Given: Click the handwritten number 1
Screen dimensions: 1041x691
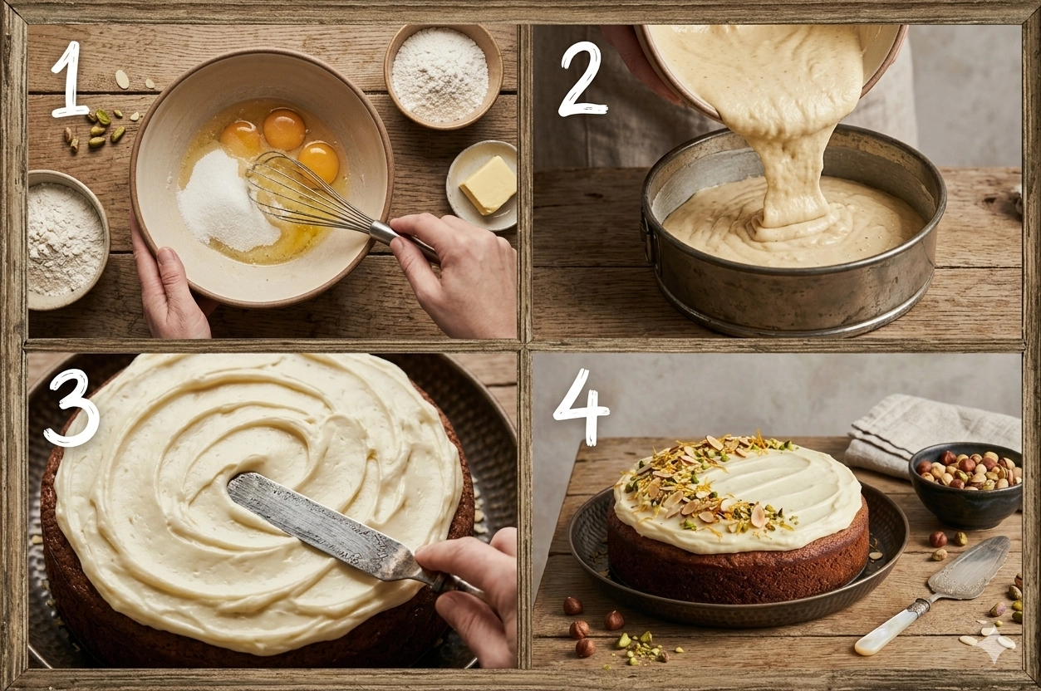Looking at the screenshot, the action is pos(69,79).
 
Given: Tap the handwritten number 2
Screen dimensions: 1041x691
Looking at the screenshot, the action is pos(581,79).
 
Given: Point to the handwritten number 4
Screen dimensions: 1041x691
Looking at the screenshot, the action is pos(582,407).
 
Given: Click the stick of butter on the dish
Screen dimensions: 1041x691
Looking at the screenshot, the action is pos(488,185).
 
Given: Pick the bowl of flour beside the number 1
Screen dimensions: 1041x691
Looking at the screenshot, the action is pos(65,239).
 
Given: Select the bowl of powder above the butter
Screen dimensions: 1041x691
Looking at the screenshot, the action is pos(443,76).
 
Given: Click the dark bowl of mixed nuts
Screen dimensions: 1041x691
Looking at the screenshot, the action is pos(965,485).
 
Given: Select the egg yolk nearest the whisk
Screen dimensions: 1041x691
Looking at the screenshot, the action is pos(318,162).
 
